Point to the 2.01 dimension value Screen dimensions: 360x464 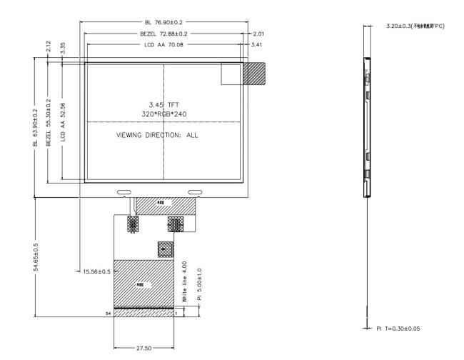coord(258,34)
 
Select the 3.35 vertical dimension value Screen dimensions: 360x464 coord(64,49)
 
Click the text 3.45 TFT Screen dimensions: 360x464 coord(163,105)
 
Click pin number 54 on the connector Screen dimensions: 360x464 coord(109,313)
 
